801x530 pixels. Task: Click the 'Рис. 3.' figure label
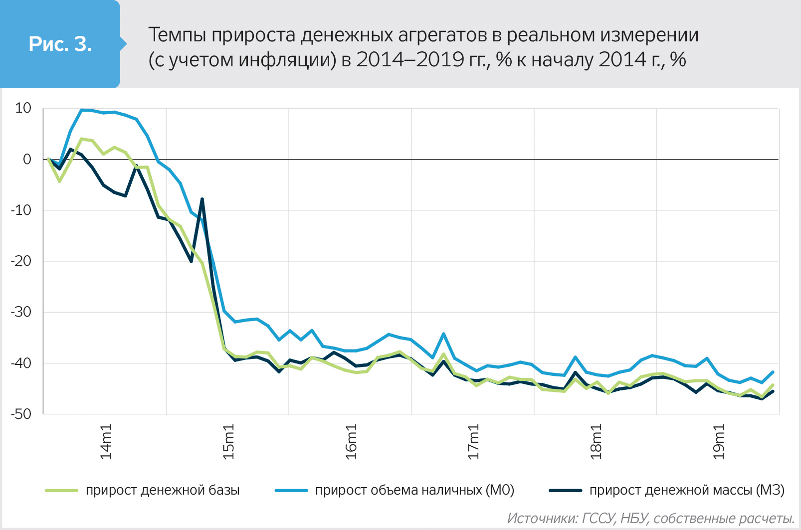point(60,44)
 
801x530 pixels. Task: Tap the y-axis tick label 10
point(23,108)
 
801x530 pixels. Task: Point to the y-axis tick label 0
point(27,160)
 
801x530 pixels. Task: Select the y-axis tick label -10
point(21,210)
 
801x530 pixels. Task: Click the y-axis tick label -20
point(21,261)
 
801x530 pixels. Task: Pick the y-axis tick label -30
point(21,312)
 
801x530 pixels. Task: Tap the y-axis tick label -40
point(21,363)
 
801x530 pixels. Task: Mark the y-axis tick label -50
point(21,414)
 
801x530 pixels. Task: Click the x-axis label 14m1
point(106,442)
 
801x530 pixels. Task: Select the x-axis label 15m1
point(228,442)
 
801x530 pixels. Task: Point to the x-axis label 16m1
point(351,442)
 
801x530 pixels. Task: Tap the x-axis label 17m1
point(473,442)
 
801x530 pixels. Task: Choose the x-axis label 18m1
point(596,442)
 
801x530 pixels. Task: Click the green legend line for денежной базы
point(62,491)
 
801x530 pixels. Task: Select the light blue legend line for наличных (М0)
point(291,491)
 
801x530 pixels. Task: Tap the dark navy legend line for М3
point(565,491)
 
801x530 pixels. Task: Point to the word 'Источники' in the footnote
point(542,519)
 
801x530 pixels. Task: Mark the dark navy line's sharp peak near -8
point(202,199)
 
